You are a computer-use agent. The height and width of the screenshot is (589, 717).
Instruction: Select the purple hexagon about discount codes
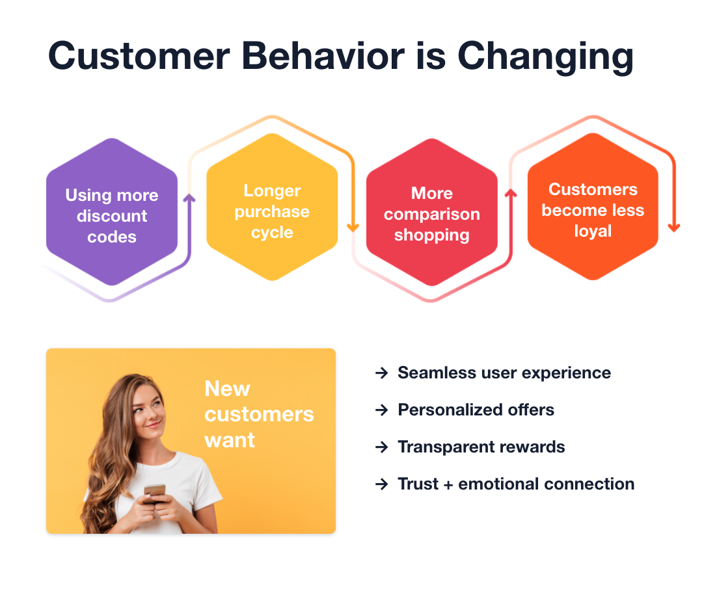[112, 215]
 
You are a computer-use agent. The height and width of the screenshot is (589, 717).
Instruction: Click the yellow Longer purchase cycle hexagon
[272, 211]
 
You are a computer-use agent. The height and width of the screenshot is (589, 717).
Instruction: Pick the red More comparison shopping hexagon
[432, 214]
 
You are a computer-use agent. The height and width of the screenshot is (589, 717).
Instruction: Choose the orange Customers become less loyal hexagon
[593, 210]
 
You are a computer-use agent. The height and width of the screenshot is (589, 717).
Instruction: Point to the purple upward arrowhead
[190, 198]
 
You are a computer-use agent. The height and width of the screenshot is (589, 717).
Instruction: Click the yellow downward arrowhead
[353, 227]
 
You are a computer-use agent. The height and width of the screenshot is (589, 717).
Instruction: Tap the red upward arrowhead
[511, 193]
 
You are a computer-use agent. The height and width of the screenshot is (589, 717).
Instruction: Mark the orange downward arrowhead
[674, 227]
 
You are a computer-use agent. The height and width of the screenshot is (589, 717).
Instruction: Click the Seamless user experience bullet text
[504, 373]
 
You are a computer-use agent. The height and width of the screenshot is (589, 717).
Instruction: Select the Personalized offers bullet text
[476, 410]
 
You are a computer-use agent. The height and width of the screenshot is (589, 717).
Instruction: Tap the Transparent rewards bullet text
[481, 447]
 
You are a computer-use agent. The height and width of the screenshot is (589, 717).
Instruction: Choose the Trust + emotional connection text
[516, 484]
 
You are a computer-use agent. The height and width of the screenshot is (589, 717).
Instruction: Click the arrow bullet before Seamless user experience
[381, 373]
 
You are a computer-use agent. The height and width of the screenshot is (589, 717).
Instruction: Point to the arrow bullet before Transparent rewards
[381, 447]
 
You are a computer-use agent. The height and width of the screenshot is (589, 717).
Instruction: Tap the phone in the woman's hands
[156, 491]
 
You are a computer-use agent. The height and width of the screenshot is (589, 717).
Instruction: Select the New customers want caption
[258, 414]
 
